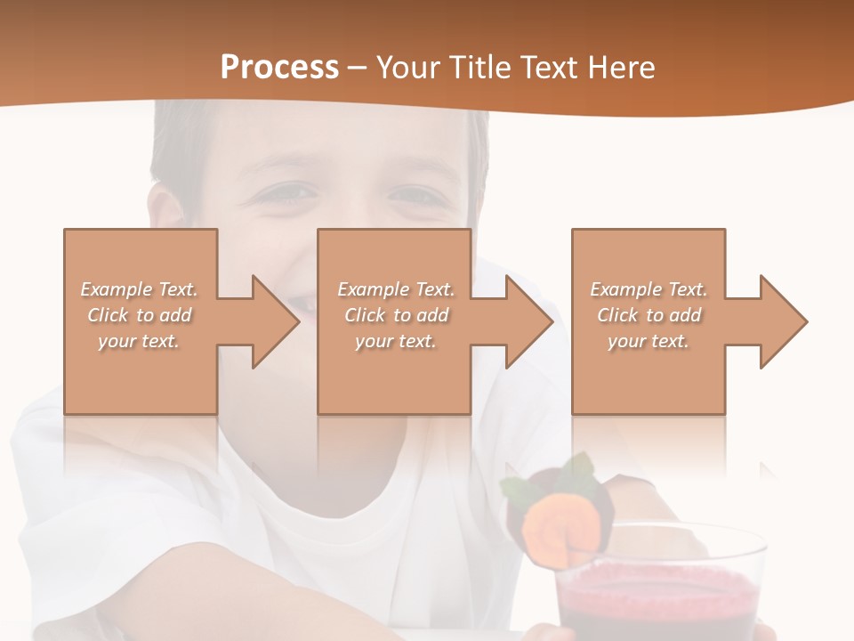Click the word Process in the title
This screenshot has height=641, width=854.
point(279,68)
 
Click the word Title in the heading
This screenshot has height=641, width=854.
point(477,68)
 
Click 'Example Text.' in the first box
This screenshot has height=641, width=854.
point(139,289)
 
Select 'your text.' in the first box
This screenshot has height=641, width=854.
point(139,341)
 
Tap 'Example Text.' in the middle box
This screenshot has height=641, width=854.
point(396,289)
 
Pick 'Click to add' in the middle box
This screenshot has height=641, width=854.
point(396,315)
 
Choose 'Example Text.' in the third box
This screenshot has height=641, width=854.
point(649,289)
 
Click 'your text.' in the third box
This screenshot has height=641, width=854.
point(649,341)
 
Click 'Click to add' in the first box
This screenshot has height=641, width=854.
point(139,315)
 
